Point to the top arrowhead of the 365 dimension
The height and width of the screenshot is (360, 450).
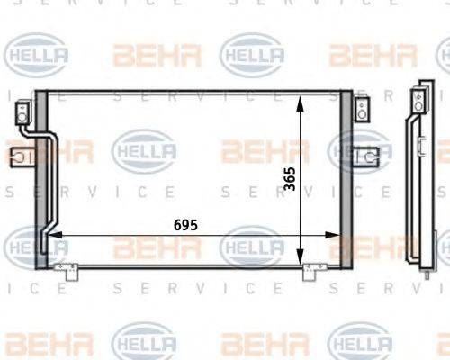300,96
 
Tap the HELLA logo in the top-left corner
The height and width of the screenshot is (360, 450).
36,53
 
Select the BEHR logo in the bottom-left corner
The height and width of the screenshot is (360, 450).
35,343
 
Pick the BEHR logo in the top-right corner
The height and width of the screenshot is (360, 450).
360,54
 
